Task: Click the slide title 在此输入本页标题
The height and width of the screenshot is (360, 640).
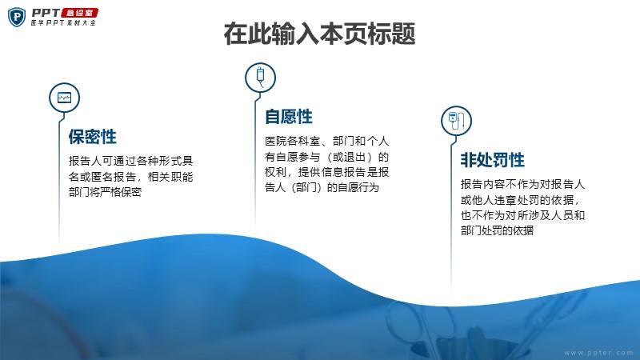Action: click(x=319, y=34)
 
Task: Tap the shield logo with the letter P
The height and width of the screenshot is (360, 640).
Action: click(x=17, y=17)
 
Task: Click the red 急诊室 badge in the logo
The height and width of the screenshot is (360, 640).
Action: click(x=79, y=13)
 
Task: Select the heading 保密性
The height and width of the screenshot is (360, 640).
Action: click(x=93, y=137)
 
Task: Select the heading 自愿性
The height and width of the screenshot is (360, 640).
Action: click(x=289, y=117)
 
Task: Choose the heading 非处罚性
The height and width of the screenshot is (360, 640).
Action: click(x=492, y=159)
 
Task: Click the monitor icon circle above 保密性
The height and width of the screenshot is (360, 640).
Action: click(x=64, y=98)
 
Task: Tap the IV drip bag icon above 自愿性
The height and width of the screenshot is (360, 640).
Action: click(x=261, y=78)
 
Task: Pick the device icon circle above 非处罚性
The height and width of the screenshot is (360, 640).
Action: click(x=456, y=121)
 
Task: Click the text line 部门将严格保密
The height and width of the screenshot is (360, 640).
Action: click(x=106, y=192)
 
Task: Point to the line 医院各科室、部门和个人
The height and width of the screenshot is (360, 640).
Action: click(x=326, y=142)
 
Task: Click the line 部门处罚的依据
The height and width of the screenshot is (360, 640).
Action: click(x=497, y=230)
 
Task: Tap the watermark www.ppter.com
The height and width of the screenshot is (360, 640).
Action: click(x=598, y=353)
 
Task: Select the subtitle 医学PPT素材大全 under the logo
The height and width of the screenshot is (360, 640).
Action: click(x=63, y=23)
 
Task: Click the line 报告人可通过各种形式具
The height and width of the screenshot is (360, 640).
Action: click(x=130, y=161)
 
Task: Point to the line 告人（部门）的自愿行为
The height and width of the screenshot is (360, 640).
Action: click(x=322, y=188)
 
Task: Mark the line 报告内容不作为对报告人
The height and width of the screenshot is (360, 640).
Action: click(x=522, y=184)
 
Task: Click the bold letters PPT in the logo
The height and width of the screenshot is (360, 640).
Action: click(x=46, y=13)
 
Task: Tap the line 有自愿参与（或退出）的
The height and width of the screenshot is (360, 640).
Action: click(x=326, y=157)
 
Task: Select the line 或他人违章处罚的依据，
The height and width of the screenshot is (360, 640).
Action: click(x=520, y=200)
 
